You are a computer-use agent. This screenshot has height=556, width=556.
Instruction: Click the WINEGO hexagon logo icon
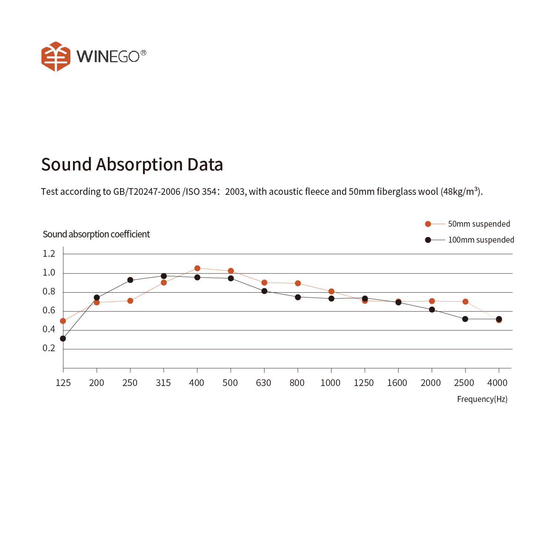(x=56, y=56)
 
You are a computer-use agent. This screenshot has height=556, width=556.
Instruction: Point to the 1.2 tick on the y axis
(x=49, y=254)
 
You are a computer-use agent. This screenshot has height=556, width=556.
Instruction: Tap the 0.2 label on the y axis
(x=49, y=348)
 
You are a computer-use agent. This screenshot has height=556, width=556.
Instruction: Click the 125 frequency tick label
(x=63, y=383)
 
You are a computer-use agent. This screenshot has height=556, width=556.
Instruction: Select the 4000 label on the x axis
(x=497, y=383)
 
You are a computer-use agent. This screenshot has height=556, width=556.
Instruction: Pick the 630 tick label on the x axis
(x=263, y=383)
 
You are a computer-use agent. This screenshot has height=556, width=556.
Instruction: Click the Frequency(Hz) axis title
(x=482, y=399)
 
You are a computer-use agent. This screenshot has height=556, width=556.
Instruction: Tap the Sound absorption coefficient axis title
(x=96, y=234)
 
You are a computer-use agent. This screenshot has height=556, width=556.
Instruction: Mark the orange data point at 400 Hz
(x=197, y=268)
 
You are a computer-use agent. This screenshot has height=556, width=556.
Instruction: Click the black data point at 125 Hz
(x=63, y=339)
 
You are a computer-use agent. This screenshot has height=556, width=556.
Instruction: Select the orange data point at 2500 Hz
(x=465, y=302)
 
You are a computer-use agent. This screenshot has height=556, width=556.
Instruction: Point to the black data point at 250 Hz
(x=130, y=280)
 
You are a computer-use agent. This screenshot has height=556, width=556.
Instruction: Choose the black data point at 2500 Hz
(x=465, y=319)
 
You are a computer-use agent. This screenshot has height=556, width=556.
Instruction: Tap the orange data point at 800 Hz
(x=298, y=283)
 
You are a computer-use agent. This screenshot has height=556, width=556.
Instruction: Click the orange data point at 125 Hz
(x=63, y=321)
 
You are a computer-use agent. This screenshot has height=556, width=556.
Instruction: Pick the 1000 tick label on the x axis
(x=330, y=383)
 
